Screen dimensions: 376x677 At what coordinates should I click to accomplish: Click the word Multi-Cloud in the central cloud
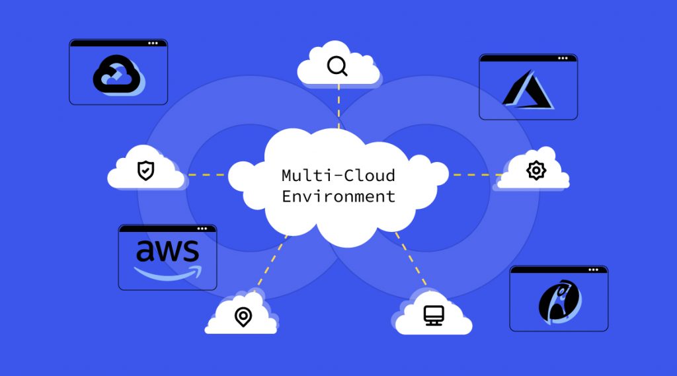[x=338, y=176]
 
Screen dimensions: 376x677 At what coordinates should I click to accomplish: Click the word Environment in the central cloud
[x=338, y=196]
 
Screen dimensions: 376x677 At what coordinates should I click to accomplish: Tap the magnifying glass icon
[x=337, y=66]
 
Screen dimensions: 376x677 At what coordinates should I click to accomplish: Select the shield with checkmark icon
[x=145, y=170]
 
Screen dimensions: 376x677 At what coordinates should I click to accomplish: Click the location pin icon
[x=243, y=317]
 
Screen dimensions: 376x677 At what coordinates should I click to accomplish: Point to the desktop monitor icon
[x=434, y=315]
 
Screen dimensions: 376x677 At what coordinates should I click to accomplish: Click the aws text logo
[x=167, y=251]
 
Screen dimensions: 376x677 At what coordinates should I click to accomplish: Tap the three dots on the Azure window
[x=563, y=58]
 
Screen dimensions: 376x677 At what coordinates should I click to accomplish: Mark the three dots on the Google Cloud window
[x=153, y=43]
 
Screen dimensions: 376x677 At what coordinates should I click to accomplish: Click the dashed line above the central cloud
[x=338, y=106]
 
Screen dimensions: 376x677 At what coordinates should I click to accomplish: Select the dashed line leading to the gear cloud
[x=473, y=175]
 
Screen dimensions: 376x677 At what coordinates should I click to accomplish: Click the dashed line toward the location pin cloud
[x=272, y=261]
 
